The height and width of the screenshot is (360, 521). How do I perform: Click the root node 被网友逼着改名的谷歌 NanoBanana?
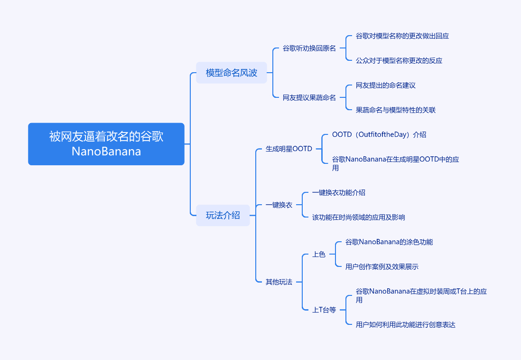tap(106, 144)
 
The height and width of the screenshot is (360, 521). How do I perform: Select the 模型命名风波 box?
tap(232, 73)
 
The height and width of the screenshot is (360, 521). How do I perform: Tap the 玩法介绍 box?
tap(223, 215)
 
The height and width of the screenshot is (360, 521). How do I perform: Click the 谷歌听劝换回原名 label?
tap(309, 48)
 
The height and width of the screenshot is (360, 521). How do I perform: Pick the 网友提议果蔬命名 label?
tap(309, 97)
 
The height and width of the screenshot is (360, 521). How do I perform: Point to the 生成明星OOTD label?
tap(289, 149)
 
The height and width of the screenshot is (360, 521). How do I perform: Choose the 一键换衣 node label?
tap(279, 205)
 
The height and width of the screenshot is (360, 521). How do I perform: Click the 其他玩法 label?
tap(279, 282)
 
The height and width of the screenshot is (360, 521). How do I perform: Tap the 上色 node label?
tap(319, 254)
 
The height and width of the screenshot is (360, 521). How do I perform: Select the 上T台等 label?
tap(324, 310)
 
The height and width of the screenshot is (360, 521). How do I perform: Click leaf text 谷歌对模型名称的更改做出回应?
tap(402, 36)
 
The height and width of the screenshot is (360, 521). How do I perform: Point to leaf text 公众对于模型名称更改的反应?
tap(399, 60)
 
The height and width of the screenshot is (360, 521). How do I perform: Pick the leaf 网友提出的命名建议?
tap(386, 85)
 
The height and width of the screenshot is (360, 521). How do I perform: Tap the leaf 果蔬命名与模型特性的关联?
tap(396, 110)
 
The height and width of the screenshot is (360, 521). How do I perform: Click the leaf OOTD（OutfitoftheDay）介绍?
tap(379, 134)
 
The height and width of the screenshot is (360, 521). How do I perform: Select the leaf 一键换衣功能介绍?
tap(339, 192)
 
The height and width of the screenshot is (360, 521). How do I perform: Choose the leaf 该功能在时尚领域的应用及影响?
tap(359, 217)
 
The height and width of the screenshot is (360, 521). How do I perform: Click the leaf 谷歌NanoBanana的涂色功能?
tap(389, 242)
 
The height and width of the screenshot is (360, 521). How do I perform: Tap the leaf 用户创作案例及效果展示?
tap(382, 266)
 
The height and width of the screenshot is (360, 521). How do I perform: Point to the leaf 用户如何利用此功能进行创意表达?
tap(406, 324)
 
